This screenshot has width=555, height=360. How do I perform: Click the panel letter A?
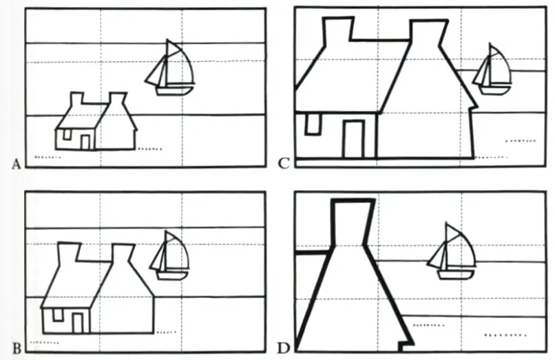coord(16,165)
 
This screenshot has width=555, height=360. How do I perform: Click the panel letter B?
coord(17,349)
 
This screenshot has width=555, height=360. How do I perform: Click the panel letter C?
coord(284,164)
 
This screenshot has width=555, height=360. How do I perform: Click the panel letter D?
coord(283,349)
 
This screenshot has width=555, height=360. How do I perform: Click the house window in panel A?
coord(67,134)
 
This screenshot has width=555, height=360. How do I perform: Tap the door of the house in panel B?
coord(78,323)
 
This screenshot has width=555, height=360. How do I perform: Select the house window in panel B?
coord(57,315)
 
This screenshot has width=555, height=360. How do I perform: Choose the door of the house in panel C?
coord(354,139)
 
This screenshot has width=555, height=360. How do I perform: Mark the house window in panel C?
coord(313,124)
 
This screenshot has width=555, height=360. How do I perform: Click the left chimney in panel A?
coord(77,98)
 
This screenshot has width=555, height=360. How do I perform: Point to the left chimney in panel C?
coord(338,31)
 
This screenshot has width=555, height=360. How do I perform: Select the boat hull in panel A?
coord(175,91)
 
